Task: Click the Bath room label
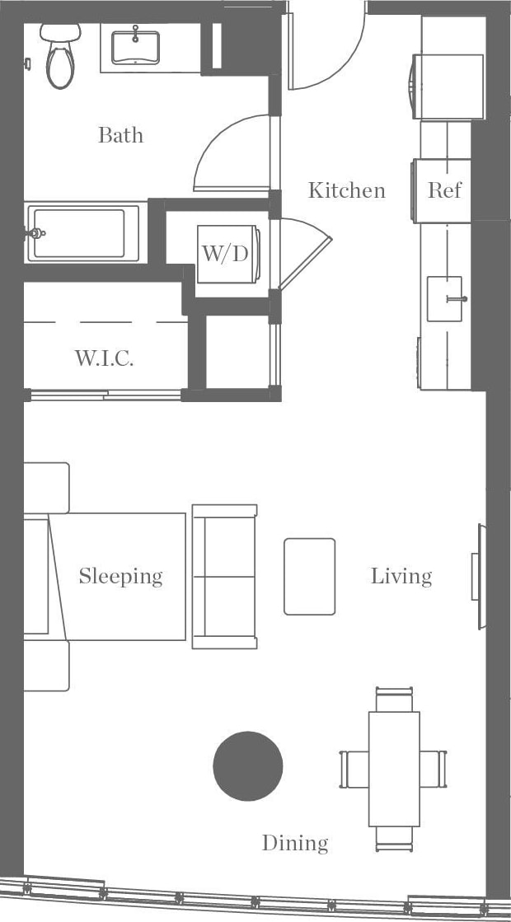coord(120,135)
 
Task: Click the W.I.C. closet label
coord(104,358)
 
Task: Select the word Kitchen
coord(346,190)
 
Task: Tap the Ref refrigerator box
coord(443,190)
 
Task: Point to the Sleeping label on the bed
coord(120,576)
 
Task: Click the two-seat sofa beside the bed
coord(224,576)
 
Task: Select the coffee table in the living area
coord(310,576)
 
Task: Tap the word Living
coord(401,576)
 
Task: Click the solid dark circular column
coord(248,765)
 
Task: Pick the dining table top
coord(394,768)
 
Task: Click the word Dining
coord(295,843)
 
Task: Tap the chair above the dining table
coord(394,700)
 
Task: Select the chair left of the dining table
coord(353,768)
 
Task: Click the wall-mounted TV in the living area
coord(477,576)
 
